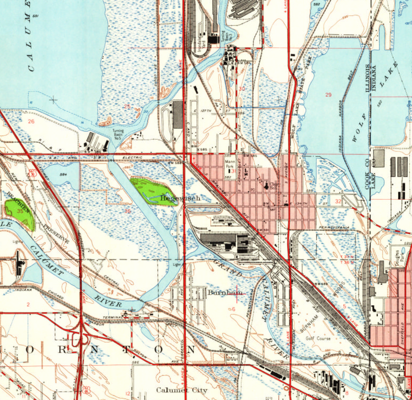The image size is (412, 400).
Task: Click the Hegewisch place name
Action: pyautogui.click(x=180, y=198)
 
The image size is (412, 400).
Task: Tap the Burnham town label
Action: pyautogui.click(x=225, y=293)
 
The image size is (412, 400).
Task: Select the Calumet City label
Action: pyautogui.click(x=182, y=390)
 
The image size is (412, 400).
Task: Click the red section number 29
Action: pyautogui.click(x=328, y=95)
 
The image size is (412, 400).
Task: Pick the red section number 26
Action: pyautogui.click(x=31, y=122)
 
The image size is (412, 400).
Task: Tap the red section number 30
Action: pyautogui.click(x=241, y=88)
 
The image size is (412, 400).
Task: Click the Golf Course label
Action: pyautogui.click(x=318, y=339)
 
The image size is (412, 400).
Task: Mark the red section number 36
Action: pyautogui.click(x=128, y=211)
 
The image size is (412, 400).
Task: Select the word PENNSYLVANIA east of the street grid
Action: pyautogui.click(x=333, y=227)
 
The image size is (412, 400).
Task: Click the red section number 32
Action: pyautogui.click(x=338, y=202)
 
